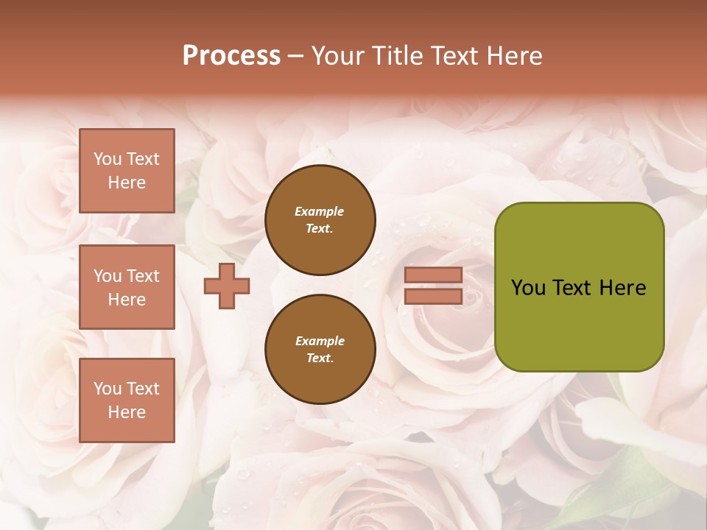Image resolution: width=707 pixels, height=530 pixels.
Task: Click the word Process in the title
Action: (x=231, y=56)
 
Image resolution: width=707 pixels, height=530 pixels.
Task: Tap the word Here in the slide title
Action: (x=513, y=56)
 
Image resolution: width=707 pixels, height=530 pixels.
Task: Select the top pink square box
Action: (x=127, y=171)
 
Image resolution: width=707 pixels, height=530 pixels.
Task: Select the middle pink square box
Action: (x=127, y=287)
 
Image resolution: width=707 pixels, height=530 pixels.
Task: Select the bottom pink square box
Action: (x=127, y=400)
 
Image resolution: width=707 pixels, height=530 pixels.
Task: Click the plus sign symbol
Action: (x=227, y=286)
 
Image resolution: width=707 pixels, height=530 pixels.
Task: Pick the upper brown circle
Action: (x=320, y=220)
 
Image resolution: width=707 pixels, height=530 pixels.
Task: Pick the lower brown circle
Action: (x=320, y=350)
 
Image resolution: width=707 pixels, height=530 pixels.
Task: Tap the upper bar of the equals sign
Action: (x=433, y=275)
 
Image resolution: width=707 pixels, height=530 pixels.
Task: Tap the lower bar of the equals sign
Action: (x=433, y=296)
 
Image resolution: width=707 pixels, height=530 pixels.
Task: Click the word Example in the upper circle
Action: (x=320, y=212)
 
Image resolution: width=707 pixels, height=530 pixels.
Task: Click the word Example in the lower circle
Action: (x=320, y=342)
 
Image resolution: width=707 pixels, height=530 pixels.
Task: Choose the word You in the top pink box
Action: (x=108, y=159)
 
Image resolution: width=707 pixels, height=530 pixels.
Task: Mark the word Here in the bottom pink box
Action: (x=127, y=412)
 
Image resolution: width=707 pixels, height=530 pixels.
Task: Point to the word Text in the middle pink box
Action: (x=142, y=276)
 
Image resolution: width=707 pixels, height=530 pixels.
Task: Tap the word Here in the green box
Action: (x=623, y=288)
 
